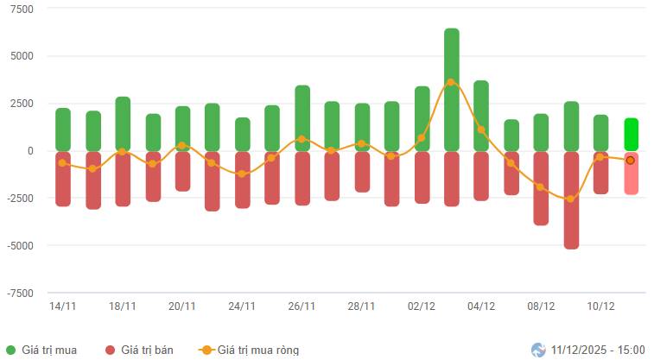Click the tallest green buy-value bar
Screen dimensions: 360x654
click(452, 90)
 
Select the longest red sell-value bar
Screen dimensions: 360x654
click(571, 200)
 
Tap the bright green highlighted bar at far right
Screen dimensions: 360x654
click(631, 135)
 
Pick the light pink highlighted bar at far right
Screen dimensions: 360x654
click(631, 173)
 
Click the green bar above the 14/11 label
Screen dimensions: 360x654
click(63, 129)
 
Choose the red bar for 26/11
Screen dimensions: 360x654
click(302, 179)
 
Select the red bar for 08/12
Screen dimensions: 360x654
click(541, 188)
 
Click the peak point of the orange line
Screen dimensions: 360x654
click(451, 82)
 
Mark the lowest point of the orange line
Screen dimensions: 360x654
click(570, 199)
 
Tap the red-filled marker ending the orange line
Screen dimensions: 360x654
click(631, 160)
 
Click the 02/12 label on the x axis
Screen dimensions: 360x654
click(421, 306)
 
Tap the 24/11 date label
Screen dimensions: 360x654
click(242, 306)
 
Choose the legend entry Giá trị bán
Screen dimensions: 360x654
click(138, 350)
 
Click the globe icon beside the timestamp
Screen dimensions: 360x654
click(538, 350)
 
